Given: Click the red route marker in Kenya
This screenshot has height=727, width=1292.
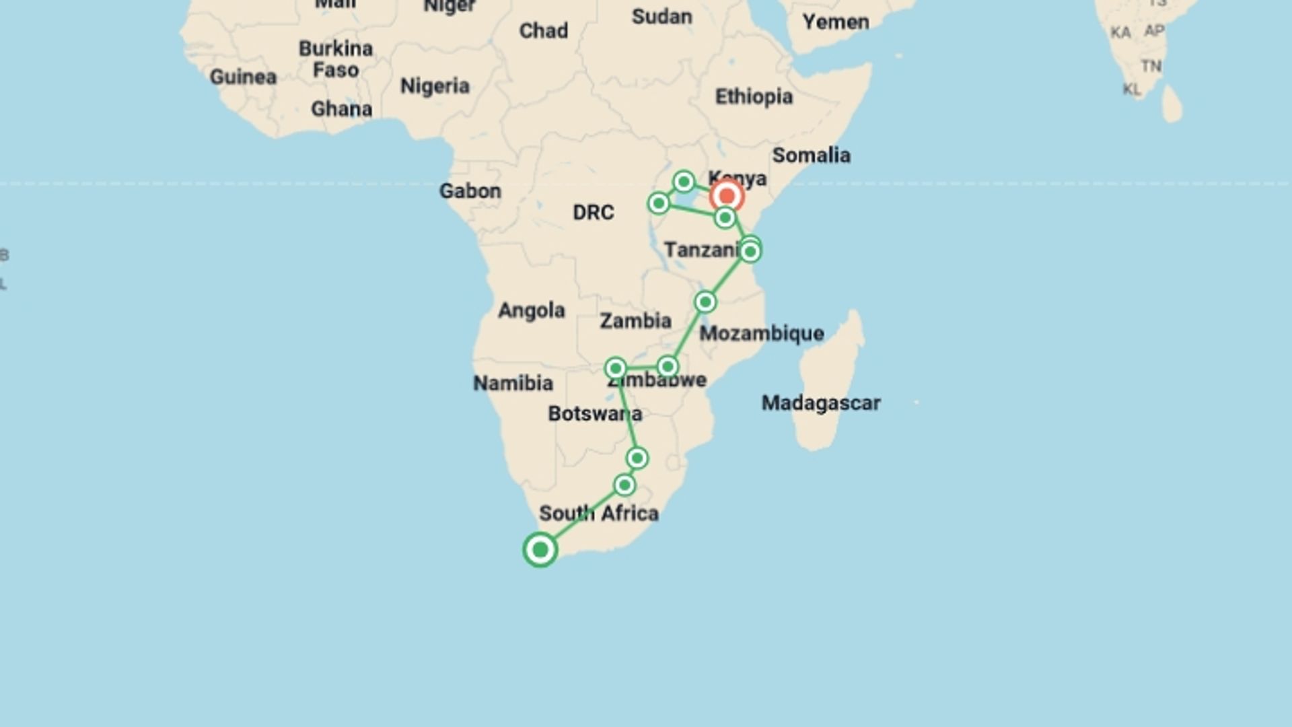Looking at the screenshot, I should click(727, 196).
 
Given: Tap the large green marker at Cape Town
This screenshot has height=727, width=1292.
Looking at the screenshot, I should click(540, 550).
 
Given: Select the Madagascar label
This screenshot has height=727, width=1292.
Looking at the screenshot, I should click(820, 403).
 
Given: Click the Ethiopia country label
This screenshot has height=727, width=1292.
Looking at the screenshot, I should click(754, 97).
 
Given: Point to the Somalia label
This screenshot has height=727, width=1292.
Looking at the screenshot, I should click(811, 155).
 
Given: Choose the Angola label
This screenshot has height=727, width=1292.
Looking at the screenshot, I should click(532, 310).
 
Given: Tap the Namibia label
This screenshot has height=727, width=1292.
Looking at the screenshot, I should click(513, 383).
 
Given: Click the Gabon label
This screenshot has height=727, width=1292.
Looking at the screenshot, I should click(470, 191).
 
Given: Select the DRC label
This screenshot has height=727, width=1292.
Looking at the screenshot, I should click(593, 213).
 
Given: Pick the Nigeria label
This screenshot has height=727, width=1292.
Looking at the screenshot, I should click(435, 86).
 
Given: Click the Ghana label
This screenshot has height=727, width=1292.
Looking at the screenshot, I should click(341, 109).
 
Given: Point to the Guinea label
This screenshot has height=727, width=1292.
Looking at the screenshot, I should click(243, 77).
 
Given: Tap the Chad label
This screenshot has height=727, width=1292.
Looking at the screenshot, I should click(543, 31).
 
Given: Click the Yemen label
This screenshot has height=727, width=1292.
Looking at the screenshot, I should click(835, 22).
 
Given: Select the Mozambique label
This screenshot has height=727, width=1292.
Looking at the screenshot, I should click(761, 333).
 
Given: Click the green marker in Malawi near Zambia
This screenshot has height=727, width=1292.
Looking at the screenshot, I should click(705, 302).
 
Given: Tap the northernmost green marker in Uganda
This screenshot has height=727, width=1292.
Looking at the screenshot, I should click(684, 181).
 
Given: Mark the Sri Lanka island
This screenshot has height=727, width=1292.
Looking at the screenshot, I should click(1172, 104).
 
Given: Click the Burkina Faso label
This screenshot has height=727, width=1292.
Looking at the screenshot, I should click(335, 59).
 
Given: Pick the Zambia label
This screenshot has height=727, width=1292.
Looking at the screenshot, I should click(635, 321).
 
